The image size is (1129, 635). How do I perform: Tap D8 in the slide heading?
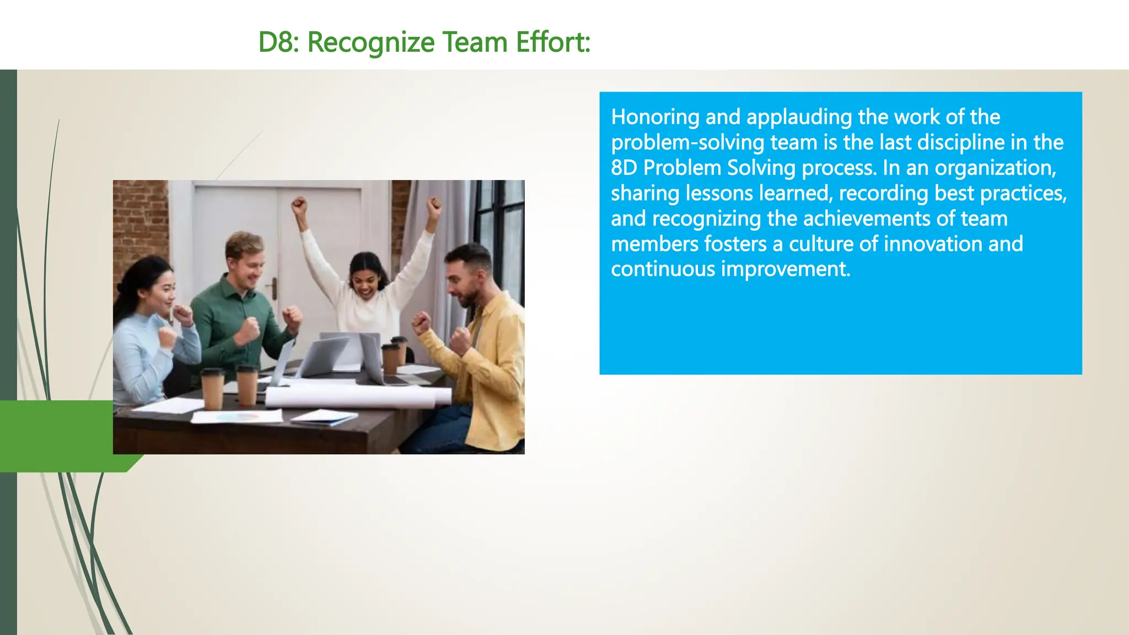pos(277,42)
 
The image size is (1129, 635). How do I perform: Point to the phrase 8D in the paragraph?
pos(623,168)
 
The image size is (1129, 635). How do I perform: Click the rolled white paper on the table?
pos(358,397)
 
